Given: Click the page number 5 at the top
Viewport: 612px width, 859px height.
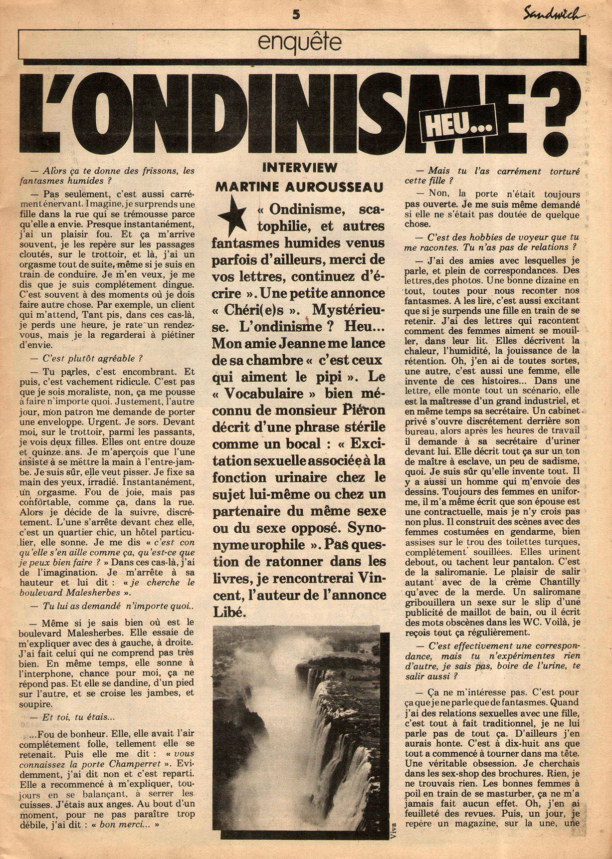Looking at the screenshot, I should [296, 14].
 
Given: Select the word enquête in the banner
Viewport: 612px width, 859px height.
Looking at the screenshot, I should [299, 43].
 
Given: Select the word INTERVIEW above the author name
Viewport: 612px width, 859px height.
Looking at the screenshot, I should [299, 167].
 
